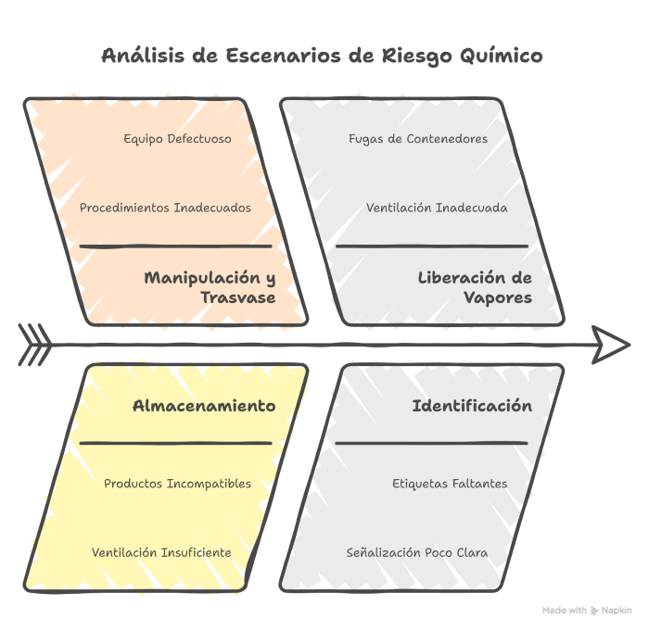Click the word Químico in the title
(502, 56)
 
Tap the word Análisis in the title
(143, 55)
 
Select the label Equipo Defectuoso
(178, 139)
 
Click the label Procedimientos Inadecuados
(165, 208)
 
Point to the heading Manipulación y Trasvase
(210, 287)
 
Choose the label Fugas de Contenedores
(418, 139)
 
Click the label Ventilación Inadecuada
(437, 208)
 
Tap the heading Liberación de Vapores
(475, 287)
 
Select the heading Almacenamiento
(204, 406)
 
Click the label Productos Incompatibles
(178, 484)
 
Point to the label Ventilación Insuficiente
(161, 552)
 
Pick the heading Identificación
(472, 406)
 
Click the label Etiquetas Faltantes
(450, 484)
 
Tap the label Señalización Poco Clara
(417, 552)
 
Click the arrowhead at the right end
(611, 345)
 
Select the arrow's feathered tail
(35, 345)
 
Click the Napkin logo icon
(594, 611)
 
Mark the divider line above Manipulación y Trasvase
(176, 246)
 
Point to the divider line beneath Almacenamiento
(176, 443)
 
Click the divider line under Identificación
(432, 443)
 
